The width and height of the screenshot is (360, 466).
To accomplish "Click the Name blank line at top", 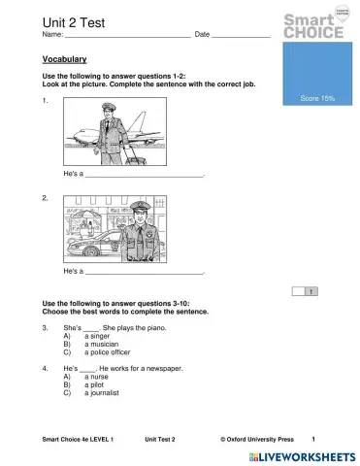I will (x=126, y=36).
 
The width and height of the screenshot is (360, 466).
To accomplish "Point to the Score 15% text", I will (x=317, y=98).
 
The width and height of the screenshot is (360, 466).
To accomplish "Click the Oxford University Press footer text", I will (x=257, y=439).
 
